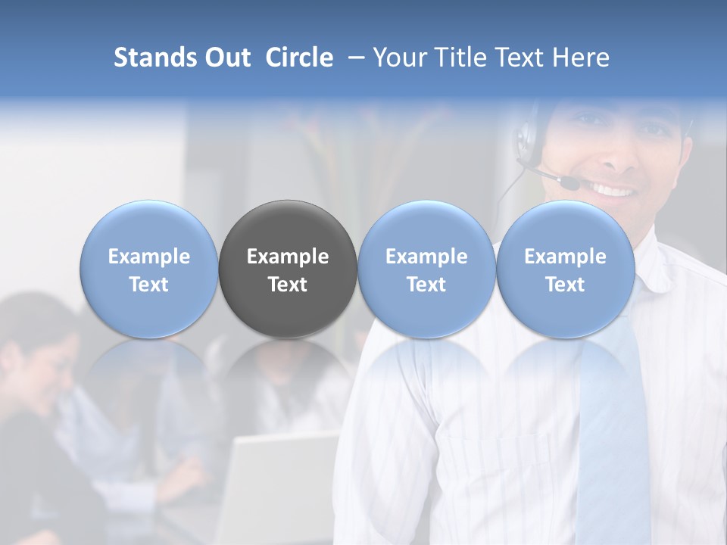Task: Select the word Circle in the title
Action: (x=299, y=58)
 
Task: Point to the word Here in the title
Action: (x=582, y=58)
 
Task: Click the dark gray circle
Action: (x=288, y=269)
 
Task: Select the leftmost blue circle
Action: (x=149, y=269)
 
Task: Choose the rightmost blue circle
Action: (x=566, y=269)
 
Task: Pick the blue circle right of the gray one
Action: (x=426, y=269)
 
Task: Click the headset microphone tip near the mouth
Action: (x=569, y=182)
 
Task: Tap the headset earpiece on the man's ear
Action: (x=525, y=141)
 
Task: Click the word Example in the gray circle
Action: (x=288, y=257)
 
